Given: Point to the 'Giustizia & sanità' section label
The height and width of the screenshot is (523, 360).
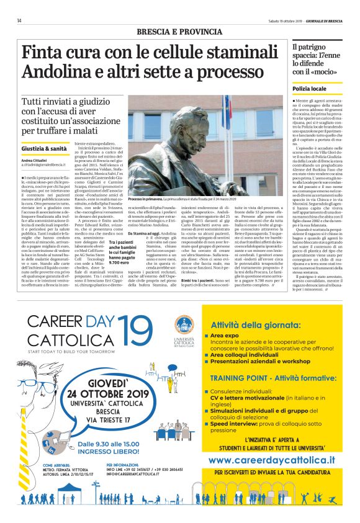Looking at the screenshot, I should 43,149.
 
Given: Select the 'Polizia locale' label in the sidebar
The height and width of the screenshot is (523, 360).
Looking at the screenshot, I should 309,90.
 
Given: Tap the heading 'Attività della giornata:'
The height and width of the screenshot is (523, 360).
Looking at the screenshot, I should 258,324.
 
